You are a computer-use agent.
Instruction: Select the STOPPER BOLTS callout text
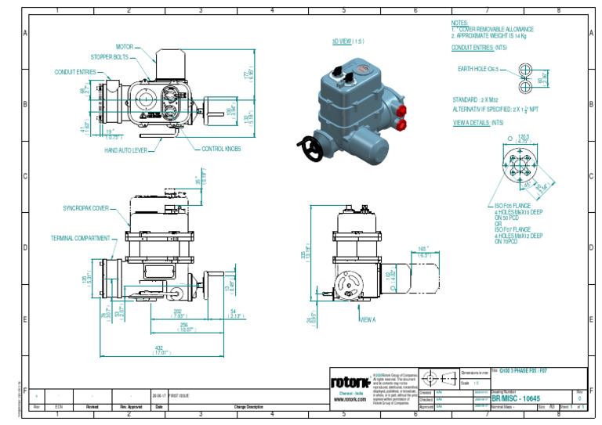[x=109, y=57]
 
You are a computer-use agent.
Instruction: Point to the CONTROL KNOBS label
[x=222, y=149]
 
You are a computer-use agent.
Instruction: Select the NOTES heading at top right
[x=460, y=24]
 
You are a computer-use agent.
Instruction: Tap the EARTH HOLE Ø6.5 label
[x=478, y=70]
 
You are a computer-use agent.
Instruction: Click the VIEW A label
[x=368, y=320]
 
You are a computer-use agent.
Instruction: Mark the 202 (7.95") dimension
[x=180, y=315]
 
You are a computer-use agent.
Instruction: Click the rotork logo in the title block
[x=350, y=383]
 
